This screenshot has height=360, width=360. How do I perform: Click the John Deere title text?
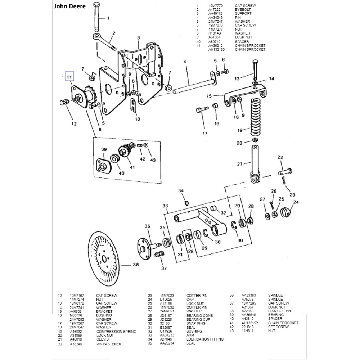click(69, 6)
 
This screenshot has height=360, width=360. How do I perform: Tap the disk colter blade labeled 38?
click(105, 259)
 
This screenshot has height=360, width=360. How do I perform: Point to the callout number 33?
click(165, 206)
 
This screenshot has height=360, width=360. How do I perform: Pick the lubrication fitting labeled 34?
click(186, 203)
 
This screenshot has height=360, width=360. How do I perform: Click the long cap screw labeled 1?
click(96, 17)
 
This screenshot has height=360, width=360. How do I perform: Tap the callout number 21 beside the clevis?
click(240, 164)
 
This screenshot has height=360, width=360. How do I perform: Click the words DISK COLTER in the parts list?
click(279, 311)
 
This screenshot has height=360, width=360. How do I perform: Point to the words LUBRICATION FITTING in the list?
click(205, 339)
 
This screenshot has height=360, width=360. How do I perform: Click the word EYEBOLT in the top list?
click(243, 10)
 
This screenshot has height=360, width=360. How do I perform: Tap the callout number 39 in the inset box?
click(104, 150)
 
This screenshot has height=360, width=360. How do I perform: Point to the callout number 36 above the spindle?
click(147, 226)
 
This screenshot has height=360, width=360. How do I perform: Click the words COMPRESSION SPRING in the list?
click(116, 332)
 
